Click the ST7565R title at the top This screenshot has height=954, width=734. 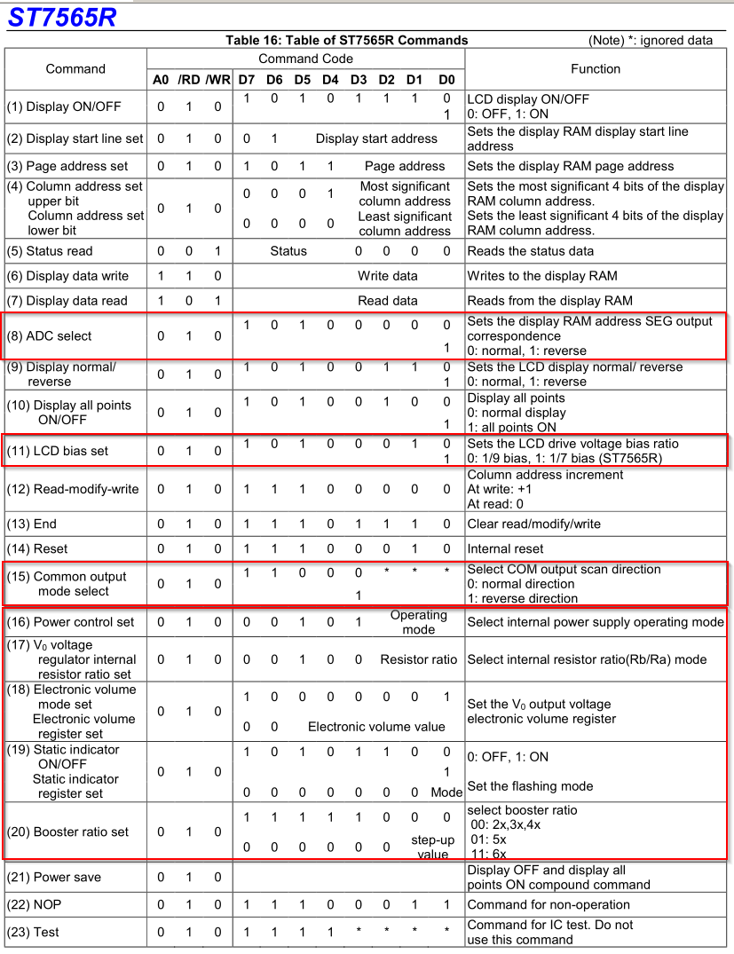pyautogui.click(x=62, y=17)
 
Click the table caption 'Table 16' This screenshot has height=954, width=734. pyautogui.click(x=346, y=40)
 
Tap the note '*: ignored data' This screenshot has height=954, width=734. pyautogui.click(x=651, y=40)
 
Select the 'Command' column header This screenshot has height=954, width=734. pyautogui.click(x=75, y=69)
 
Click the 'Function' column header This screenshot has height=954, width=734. pyautogui.click(x=596, y=69)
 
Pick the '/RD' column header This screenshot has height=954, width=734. pyautogui.click(x=189, y=80)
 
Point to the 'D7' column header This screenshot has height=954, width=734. pyautogui.click(x=246, y=80)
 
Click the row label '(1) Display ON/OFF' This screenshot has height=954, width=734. pyautogui.click(x=64, y=106)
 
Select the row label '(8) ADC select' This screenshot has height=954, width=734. pyautogui.click(x=50, y=336)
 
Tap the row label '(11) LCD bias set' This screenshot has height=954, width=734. pyautogui.click(x=58, y=451)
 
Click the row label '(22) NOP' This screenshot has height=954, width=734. pyautogui.click(x=35, y=904)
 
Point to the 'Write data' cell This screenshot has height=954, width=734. pyautogui.click(x=388, y=276)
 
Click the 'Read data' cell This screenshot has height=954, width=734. pyautogui.click(x=388, y=301)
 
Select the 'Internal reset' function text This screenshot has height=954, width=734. pyautogui.click(x=505, y=548)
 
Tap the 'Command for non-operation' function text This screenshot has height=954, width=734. pyautogui.click(x=549, y=904)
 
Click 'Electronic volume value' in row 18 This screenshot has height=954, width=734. pyautogui.click(x=376, y=727)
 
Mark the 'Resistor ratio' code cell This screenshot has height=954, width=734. pyautogui.click(x=419, y=659)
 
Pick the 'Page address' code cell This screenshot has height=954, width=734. pyautogui.click(x=404, y=166)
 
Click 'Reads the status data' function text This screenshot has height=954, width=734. pyautogui.click(x=531, y=251)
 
